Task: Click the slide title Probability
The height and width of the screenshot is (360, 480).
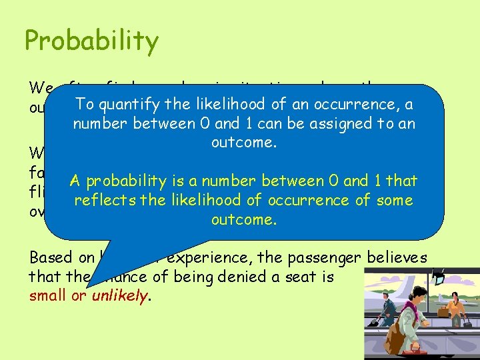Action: click(x=91, y=41)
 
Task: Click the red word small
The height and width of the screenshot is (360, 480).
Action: click(x=47, y=296)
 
